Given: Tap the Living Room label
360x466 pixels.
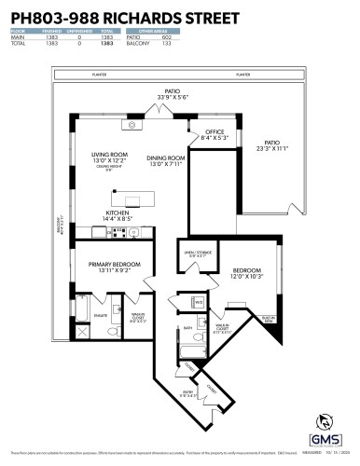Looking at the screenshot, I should (108, 155).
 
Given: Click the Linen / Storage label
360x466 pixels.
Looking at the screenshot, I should (193, 251).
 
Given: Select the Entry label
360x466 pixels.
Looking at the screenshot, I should (188, 392).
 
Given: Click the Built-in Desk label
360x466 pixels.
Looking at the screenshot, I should (268, 318).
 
